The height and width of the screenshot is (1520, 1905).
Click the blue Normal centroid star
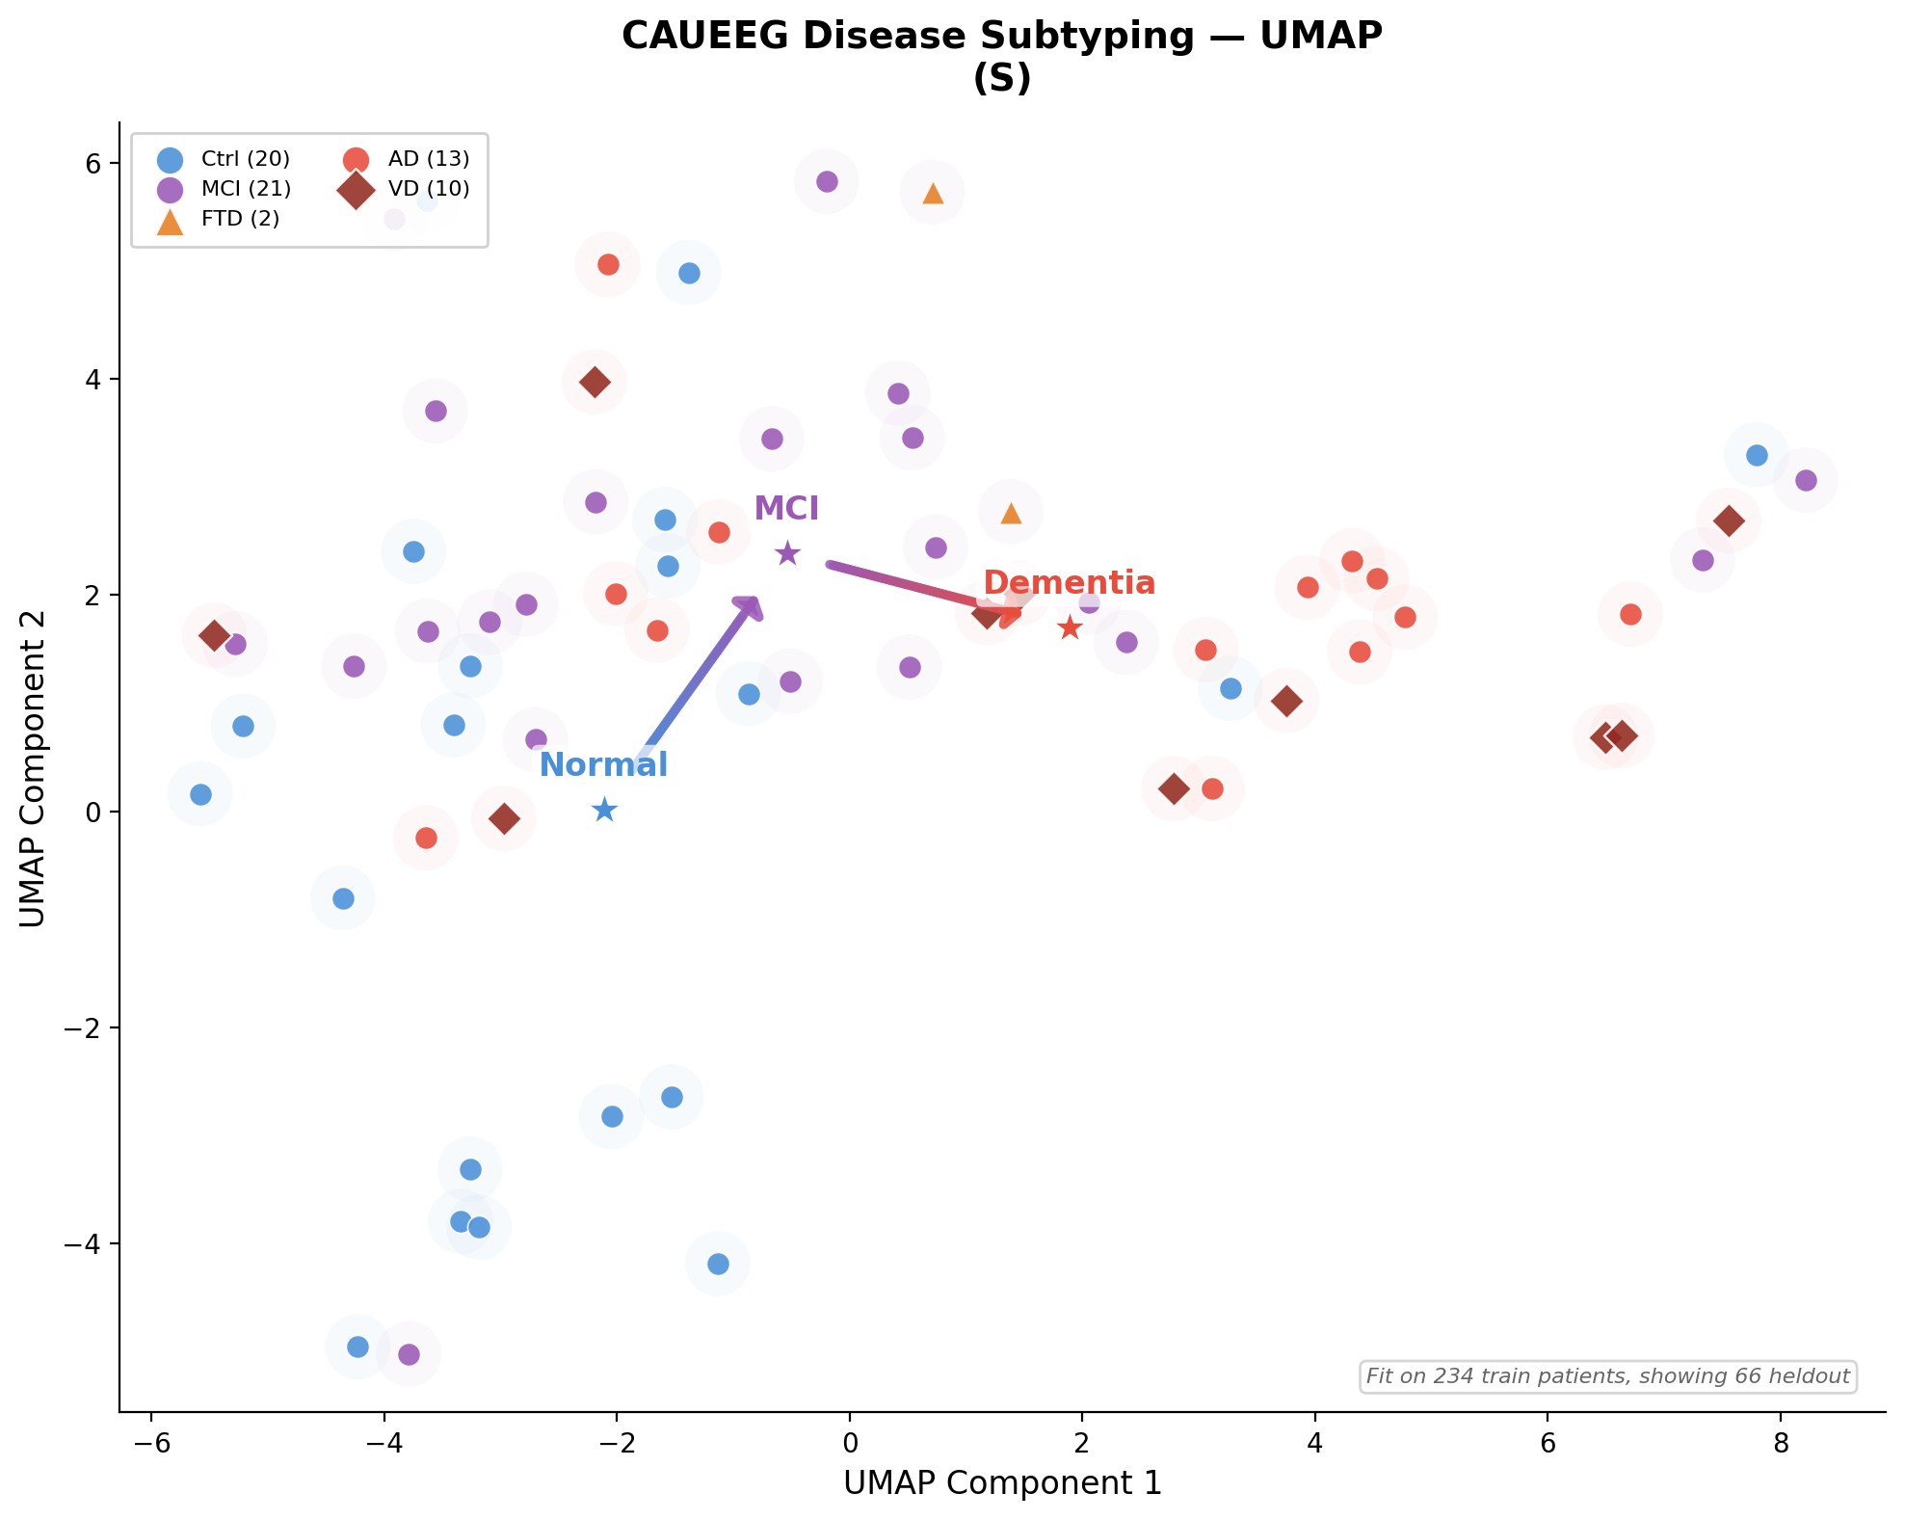point(604,810)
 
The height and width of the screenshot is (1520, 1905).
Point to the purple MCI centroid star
point(787,553)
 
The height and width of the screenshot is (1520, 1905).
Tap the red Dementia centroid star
point(1070,628)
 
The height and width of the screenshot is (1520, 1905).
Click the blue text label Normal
point(603,765)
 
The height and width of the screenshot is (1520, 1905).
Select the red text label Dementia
point(1069,583)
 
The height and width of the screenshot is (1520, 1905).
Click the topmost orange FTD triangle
point(933,193)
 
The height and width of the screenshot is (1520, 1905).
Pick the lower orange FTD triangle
point(1011,513)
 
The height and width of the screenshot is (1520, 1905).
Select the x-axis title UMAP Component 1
point(1002,1483)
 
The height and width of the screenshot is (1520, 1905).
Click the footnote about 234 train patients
point(1607,1376)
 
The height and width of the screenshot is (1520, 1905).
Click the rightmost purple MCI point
point(1806,480)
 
